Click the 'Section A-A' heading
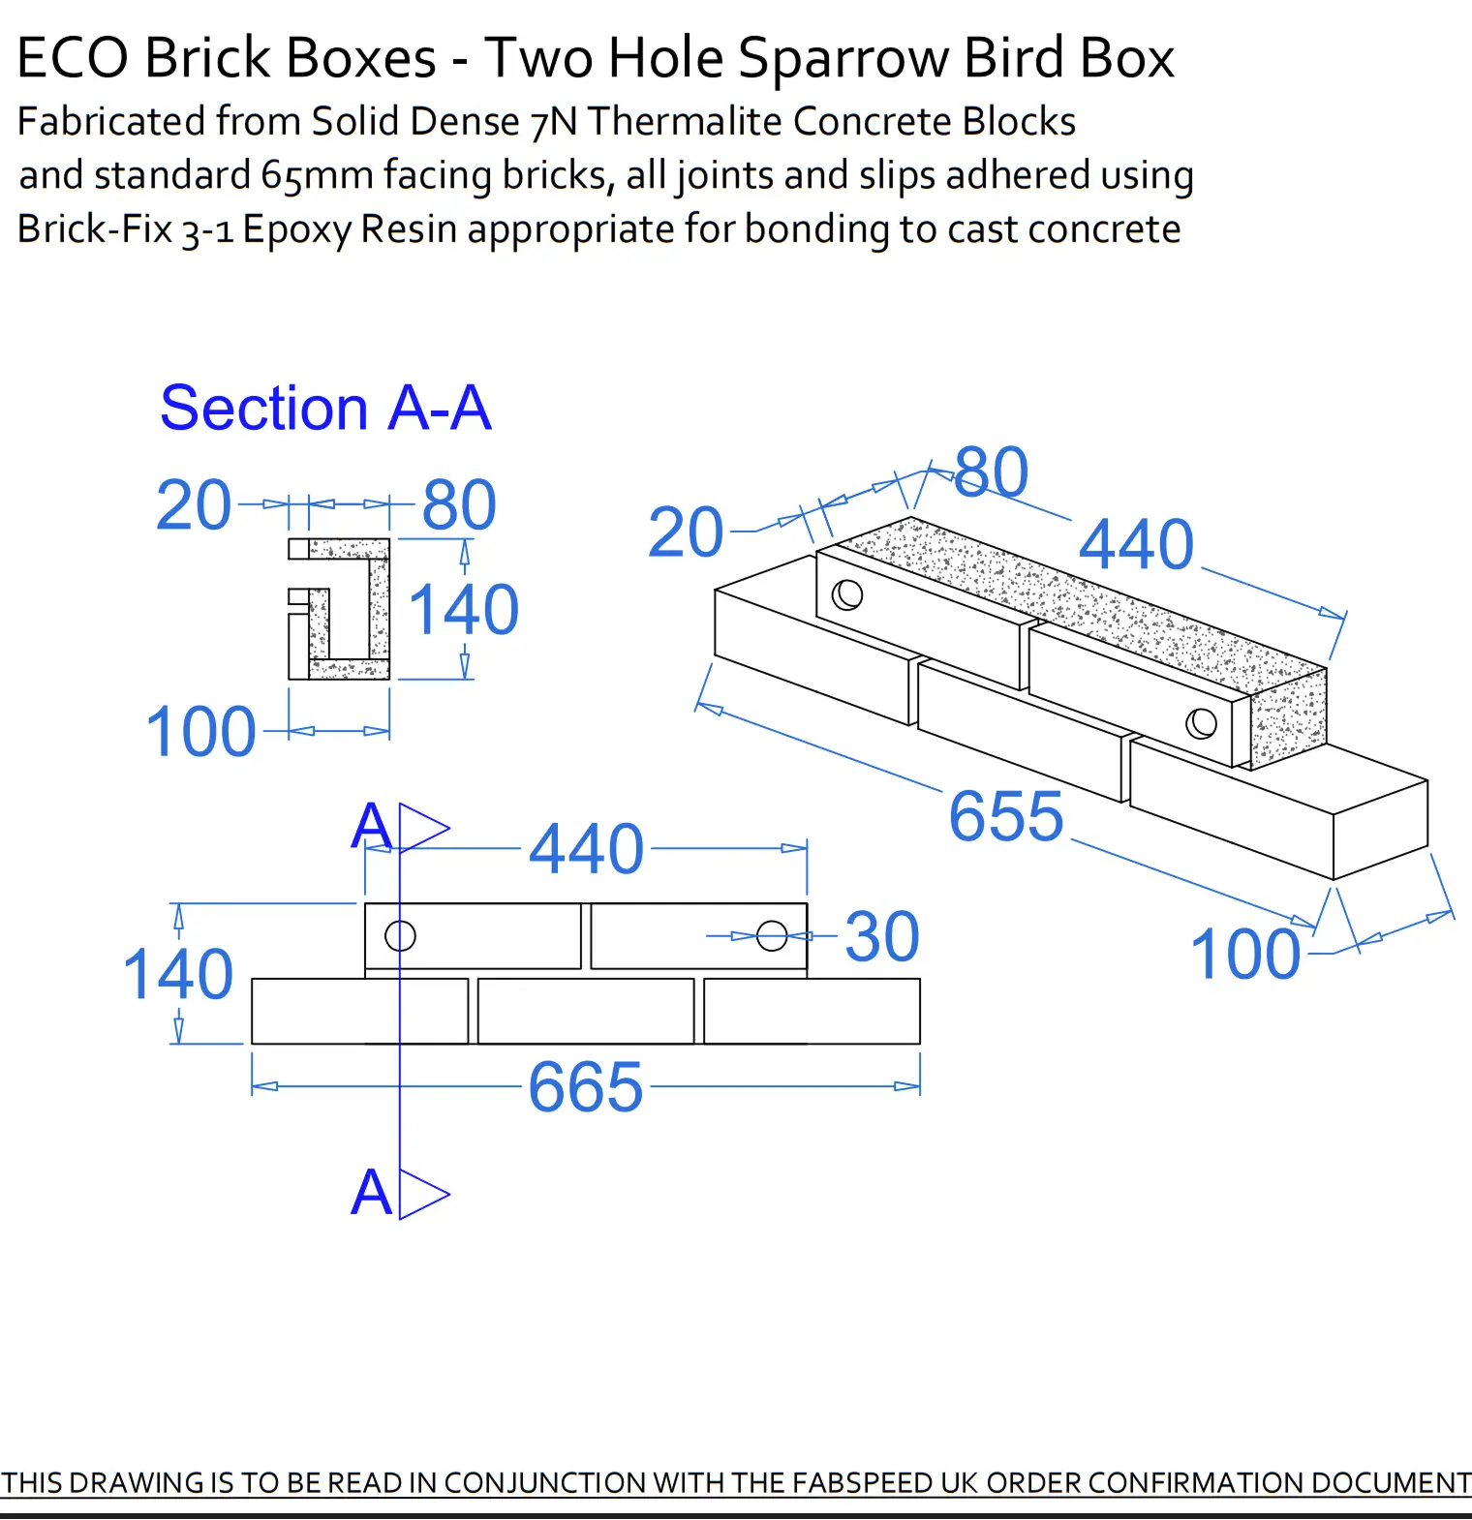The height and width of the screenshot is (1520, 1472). (x=325, y=408)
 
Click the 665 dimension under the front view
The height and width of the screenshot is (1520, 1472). (x=585, y=1087)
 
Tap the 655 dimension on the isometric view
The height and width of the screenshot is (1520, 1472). (x=1005, y=816)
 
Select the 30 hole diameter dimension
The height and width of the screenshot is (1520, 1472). (x=881, y=937)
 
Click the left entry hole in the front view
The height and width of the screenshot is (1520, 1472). (x=400, y=935)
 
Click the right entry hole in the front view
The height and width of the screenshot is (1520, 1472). (x=772, y=935)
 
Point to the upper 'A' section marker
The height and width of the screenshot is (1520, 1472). (x=371, y=827)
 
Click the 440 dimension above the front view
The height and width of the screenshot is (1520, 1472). (x=586, y=849)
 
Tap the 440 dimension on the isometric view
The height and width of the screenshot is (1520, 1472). (x=1136, y=544)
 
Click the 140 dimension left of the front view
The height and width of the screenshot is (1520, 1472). (x=178, y=974)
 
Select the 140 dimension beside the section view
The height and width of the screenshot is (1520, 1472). (x=463, y=610)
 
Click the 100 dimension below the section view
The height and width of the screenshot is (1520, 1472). (x=200, y=732)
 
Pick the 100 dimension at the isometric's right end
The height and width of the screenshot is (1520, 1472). (x=1244, y=955)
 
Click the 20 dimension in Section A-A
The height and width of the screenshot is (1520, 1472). (x=194, y=505)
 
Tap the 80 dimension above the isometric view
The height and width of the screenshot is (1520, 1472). (x=991, y=472)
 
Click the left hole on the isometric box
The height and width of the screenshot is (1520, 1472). (x=847, y=594)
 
